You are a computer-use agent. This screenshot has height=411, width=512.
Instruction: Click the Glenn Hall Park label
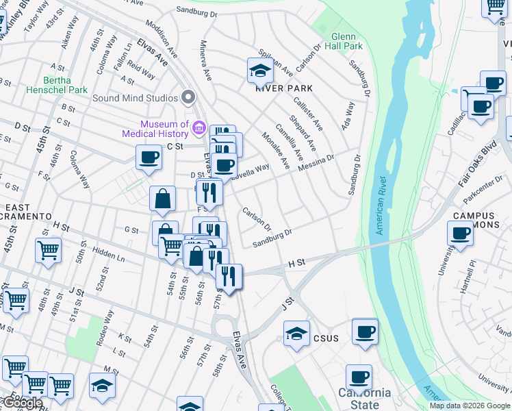pyautogui.click(x=346, y=40)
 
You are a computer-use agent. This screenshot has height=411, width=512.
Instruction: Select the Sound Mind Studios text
pyautogui.click(x=135, y=97)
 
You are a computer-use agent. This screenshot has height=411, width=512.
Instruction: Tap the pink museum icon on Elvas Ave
pyautogui.click(x=199, y=127)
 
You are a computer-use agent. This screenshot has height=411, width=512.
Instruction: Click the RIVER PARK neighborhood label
pyautogui.click(x=284, y=88)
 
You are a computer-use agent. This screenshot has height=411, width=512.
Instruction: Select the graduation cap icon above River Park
pyautogui.click(x=260, y=70)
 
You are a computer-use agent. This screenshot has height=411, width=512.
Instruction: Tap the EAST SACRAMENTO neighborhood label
pyautogui.click(x=27, y=211)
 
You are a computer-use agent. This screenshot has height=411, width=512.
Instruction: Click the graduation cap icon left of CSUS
pyautogui.click(x=296, y=334)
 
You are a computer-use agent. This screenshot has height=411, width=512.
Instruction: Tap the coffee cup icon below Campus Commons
pyautogui.click(x=461, y=234)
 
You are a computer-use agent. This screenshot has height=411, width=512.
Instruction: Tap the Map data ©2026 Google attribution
pyautogui.click(x=470, y=406)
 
